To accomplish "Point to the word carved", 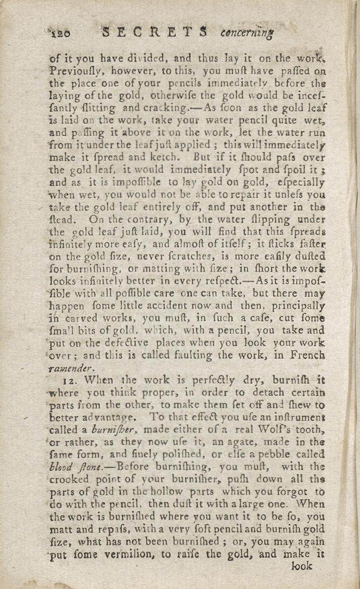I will (84, 318).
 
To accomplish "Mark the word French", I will (307, 355).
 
